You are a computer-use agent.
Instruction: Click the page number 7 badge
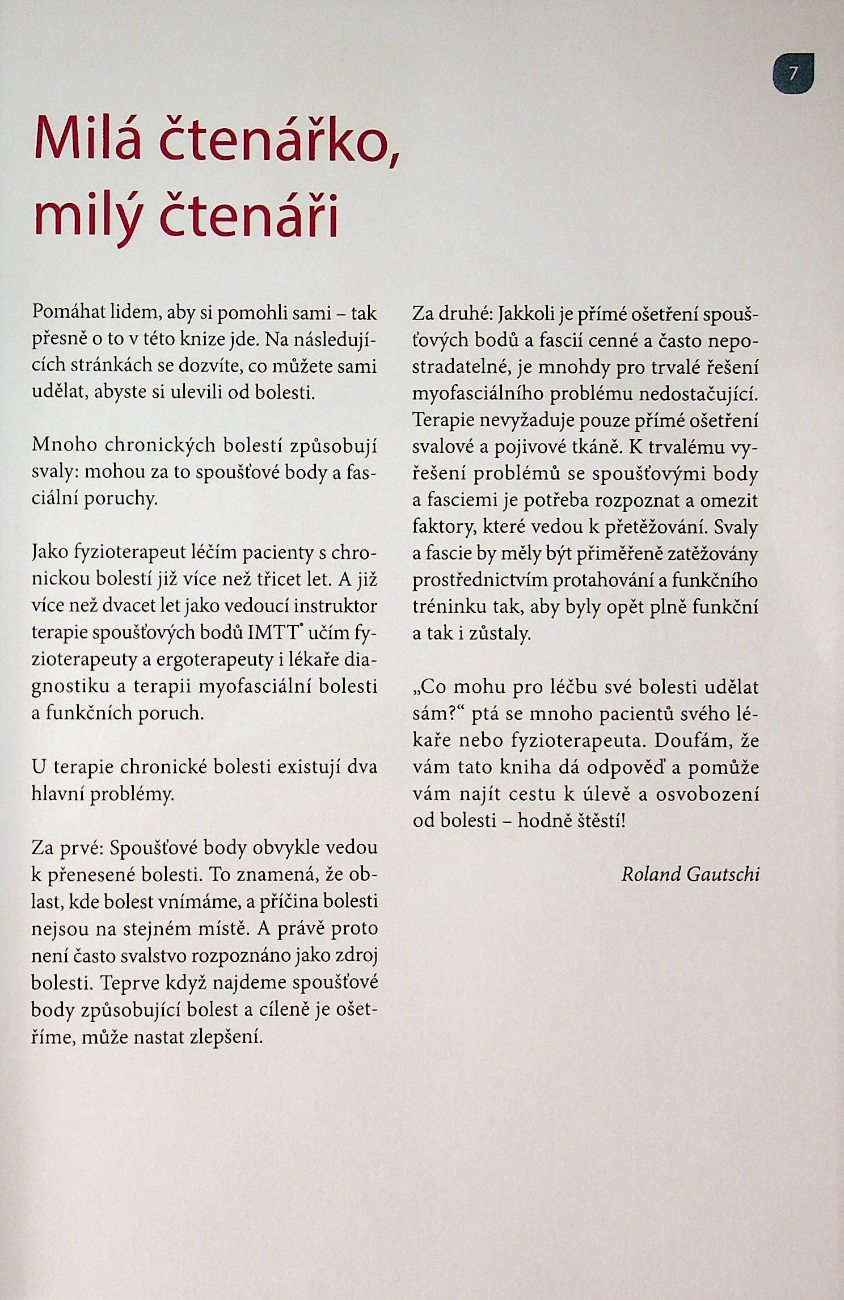[x=793, y=73]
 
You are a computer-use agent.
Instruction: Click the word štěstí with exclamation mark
[x=602, y=821]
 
